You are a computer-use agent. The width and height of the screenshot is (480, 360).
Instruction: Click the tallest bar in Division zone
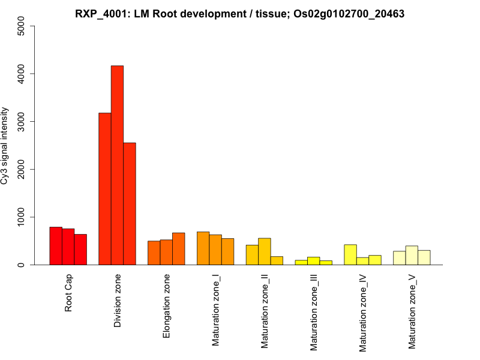(x=117, y=165)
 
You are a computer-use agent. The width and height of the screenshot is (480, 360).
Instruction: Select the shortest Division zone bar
(x=130, y=204)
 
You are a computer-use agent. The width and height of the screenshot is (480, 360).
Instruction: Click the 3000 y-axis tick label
(x=22, y=122)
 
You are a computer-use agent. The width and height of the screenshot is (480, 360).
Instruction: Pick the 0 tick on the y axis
(x=22, y=265)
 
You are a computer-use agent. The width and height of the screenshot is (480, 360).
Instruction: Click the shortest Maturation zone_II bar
(x=277, y=261)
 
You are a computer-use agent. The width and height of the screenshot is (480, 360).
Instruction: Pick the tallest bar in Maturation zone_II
(x=265, y=252)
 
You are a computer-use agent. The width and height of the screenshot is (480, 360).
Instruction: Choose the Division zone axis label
(x=118, y=301)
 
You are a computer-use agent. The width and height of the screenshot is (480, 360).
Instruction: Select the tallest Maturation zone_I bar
(x=203, y=248)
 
